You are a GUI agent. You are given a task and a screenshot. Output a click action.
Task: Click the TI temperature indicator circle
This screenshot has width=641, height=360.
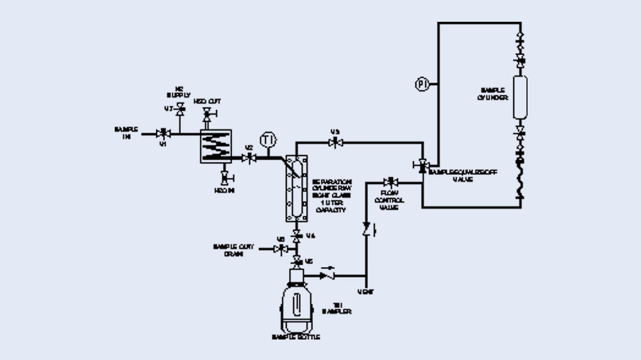[x=267, y=139]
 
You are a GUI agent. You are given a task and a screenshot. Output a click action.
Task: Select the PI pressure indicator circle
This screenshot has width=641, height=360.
[x=422, y=84]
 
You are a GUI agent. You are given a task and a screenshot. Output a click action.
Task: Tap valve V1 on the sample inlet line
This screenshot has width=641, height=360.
[x=163, y=133]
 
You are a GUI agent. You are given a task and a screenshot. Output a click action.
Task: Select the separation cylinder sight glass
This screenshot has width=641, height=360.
[x=296, y=187]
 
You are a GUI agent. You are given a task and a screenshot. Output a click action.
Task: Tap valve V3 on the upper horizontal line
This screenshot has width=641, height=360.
[x=335, y=143]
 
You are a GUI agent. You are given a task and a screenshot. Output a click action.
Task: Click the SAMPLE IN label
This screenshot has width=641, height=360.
[x=126, y=133]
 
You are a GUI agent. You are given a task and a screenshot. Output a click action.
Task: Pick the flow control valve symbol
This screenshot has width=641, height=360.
[x=389, y=182]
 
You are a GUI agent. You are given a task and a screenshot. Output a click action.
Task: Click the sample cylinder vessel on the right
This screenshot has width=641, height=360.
[x=519, y=97]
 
